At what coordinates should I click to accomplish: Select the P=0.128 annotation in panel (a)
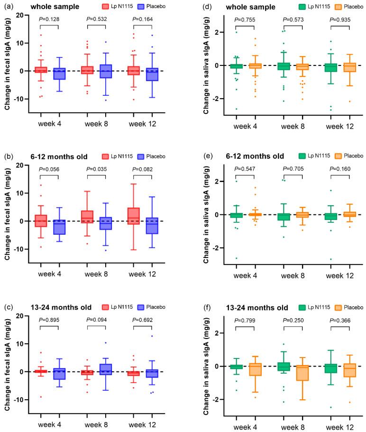(49, 19)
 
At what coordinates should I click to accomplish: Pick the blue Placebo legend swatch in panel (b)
(140, 156)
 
